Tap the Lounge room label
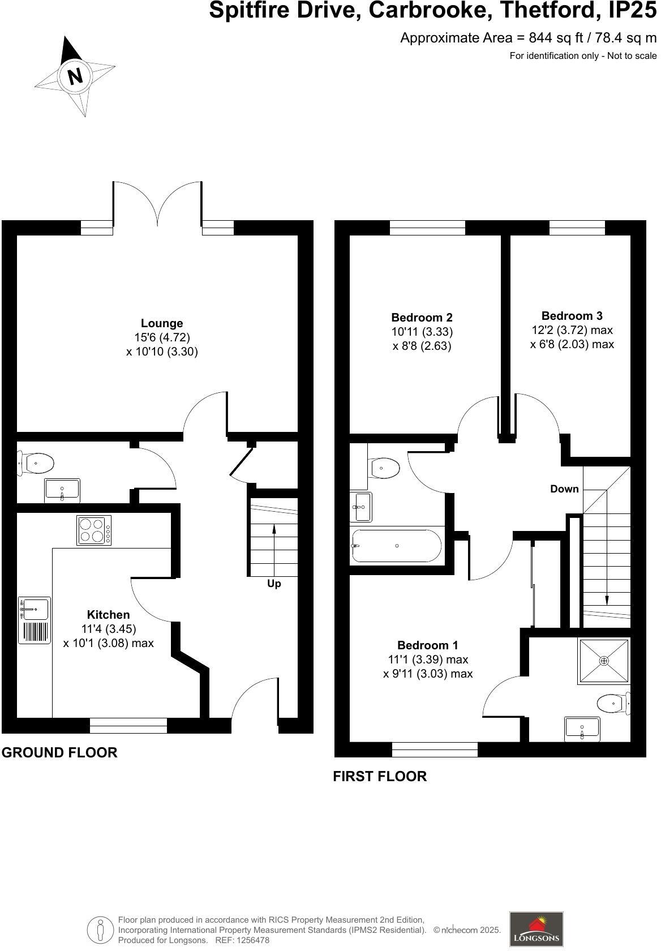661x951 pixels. tap(162, 323)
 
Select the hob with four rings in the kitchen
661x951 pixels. tap(94, 530)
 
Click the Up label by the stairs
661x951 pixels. tap(274, 584)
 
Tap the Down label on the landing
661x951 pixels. tap(564, 489)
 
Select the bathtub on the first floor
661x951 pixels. tap(396, 546)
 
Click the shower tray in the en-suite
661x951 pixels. tap(603, 661)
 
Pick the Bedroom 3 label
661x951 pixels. tap(572, 316)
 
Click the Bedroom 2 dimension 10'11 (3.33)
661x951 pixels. tap(422, 332)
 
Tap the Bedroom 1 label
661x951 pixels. tap(427, 645)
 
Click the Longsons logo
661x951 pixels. tap(536, 928)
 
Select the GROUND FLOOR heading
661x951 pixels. tap(59, 753)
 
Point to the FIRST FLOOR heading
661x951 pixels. tap(379, 776)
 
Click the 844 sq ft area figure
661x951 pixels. tap(547, 38)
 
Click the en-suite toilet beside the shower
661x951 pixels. tap(613, 704)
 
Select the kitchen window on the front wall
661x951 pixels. tap(128, 725)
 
